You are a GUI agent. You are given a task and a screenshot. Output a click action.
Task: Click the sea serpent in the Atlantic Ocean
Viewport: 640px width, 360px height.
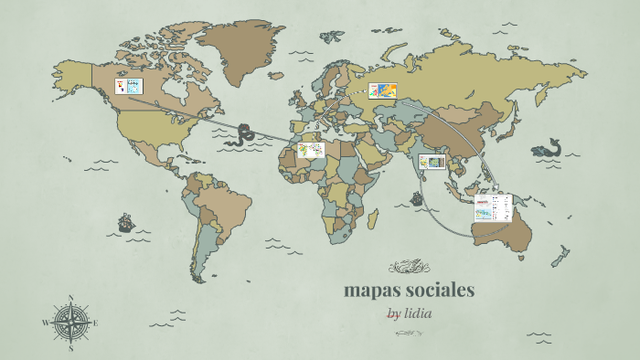coord(244,134)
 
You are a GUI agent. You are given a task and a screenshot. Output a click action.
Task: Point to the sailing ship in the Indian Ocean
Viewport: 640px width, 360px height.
coord(417,198)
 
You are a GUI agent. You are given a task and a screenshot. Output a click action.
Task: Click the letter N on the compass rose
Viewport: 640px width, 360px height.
coord(71,297)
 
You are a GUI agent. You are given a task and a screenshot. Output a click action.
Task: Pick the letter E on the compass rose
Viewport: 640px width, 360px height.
coord(96,323)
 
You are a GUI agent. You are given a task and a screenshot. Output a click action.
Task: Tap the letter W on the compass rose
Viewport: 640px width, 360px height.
coord(45,323)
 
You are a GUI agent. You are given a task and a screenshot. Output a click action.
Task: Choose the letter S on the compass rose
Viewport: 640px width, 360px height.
coord(71,348)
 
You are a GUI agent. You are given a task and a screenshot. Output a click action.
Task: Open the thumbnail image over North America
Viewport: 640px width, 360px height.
coord(129,86)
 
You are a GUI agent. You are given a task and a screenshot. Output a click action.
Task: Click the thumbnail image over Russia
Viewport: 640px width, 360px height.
coord(384,90)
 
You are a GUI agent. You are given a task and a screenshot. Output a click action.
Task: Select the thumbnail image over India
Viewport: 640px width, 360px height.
coord(432,163)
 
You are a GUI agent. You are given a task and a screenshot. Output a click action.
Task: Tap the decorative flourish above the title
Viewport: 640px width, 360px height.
coord(408,267)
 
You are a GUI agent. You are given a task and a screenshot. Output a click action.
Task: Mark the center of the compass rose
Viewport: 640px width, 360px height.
coord(71,323)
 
